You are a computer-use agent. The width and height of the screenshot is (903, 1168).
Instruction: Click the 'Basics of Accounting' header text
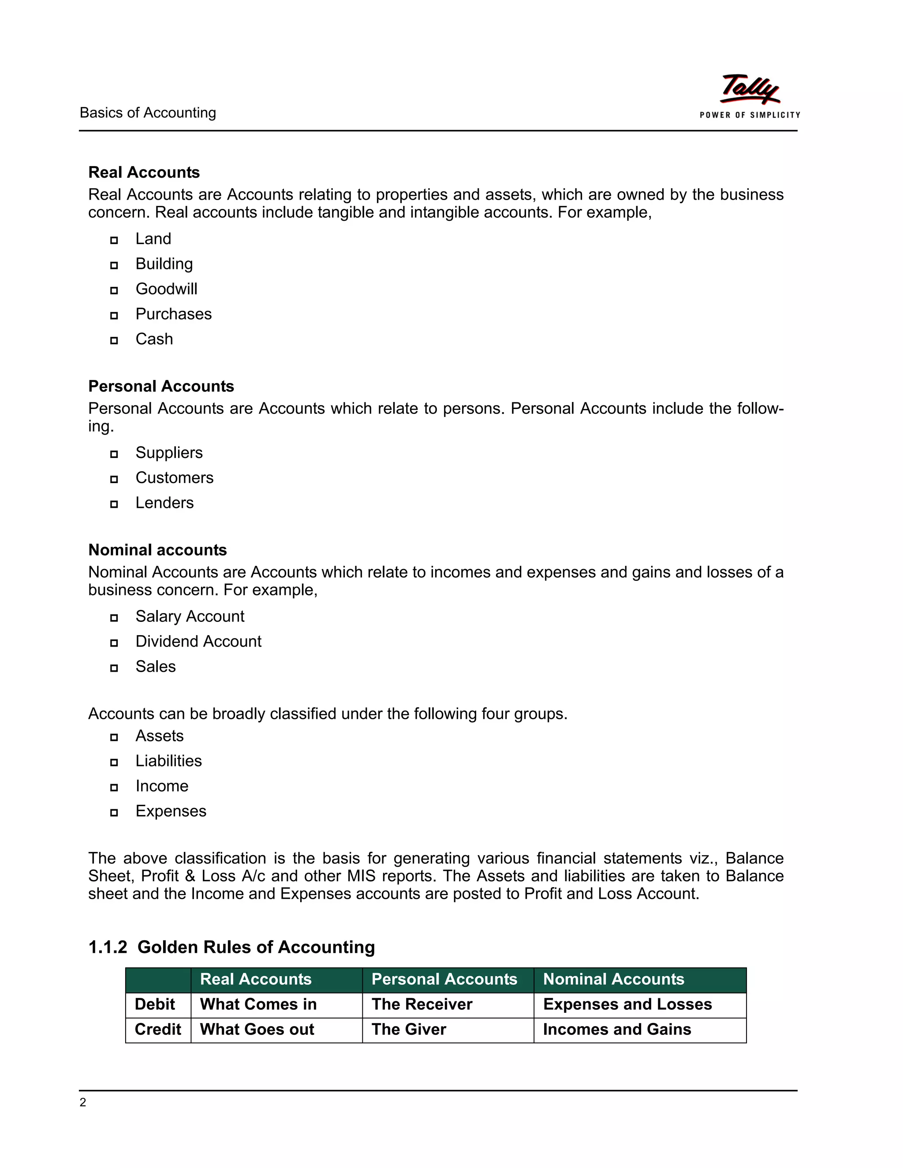pyautogui.click(x=148, y=113)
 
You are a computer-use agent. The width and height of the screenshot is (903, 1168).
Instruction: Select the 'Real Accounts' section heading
pyautogui.click(x=144, y=172)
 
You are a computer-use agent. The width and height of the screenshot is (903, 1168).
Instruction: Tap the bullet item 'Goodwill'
pyautogui.click(x=166, y=289)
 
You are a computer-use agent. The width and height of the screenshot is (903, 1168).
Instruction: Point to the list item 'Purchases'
pyautogui.click(x=173, y=314)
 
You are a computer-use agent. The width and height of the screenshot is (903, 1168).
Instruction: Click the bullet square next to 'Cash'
pyautogui.click(x=114, y=340)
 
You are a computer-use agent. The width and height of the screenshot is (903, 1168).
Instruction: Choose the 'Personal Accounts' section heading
pyautogui.click(x=161, y=386)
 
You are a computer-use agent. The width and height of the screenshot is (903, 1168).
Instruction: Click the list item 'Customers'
pyautogui.click(x=175, y=478)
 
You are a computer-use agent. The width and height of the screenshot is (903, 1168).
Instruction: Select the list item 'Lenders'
pyautogui.click(x=164, y=503)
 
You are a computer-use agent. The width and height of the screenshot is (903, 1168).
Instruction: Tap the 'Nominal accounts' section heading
pyautogui.click(x=157, y=550)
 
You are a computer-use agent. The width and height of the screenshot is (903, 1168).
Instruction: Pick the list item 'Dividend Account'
pyautogui.click(x=198, y=641)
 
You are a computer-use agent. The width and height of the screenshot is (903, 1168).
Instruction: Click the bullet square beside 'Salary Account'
pyautogui.click(x=114, y=617)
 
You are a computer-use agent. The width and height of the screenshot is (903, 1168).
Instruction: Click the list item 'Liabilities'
pyautogui.click(x=168, y=761)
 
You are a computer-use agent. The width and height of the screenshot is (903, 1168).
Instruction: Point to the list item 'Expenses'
pyautogui.click(x=171, y=811)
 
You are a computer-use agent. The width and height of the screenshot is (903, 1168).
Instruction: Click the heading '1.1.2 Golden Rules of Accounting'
pyautogui.click(x=231, y=947)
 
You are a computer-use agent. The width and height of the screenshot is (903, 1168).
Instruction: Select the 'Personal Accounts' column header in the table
pyautogui.click(x=444, y=979)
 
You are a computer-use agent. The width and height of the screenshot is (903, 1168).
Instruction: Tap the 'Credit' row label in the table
pyautogui.click(x=158, y=1030)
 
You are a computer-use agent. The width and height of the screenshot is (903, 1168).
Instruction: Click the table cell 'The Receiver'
pyautogui.click(x=422, y=1004)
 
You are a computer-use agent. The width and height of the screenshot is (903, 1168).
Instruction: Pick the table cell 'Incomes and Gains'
pyautogui.click(x=617, y=1030)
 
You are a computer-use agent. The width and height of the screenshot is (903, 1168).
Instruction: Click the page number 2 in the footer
pyautogui.click(x=83, y=1102)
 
